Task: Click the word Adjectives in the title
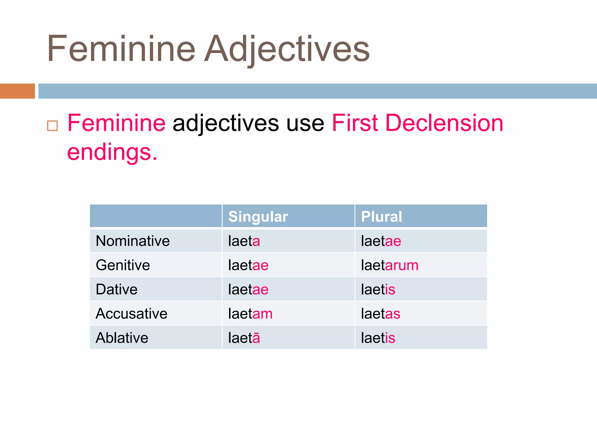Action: point(287,49)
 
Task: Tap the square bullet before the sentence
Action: point(52,126)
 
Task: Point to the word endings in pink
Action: point(112,152)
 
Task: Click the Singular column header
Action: point(258,217)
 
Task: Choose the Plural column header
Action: point(381,217)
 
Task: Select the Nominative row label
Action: point(133,241)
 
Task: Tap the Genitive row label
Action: point(123,265)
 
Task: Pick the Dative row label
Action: point(117,290)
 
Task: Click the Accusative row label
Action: point(131,314)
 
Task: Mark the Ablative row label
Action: point(122,338)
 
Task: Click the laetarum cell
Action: point(389,265)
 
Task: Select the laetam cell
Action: point(250,314)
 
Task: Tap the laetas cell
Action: point(380,314)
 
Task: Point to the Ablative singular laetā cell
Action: point(244,338)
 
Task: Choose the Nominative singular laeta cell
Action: point(244,241)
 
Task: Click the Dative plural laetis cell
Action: point(378,290)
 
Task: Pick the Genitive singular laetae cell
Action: point(248,265)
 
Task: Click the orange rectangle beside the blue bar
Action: point(17,91)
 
